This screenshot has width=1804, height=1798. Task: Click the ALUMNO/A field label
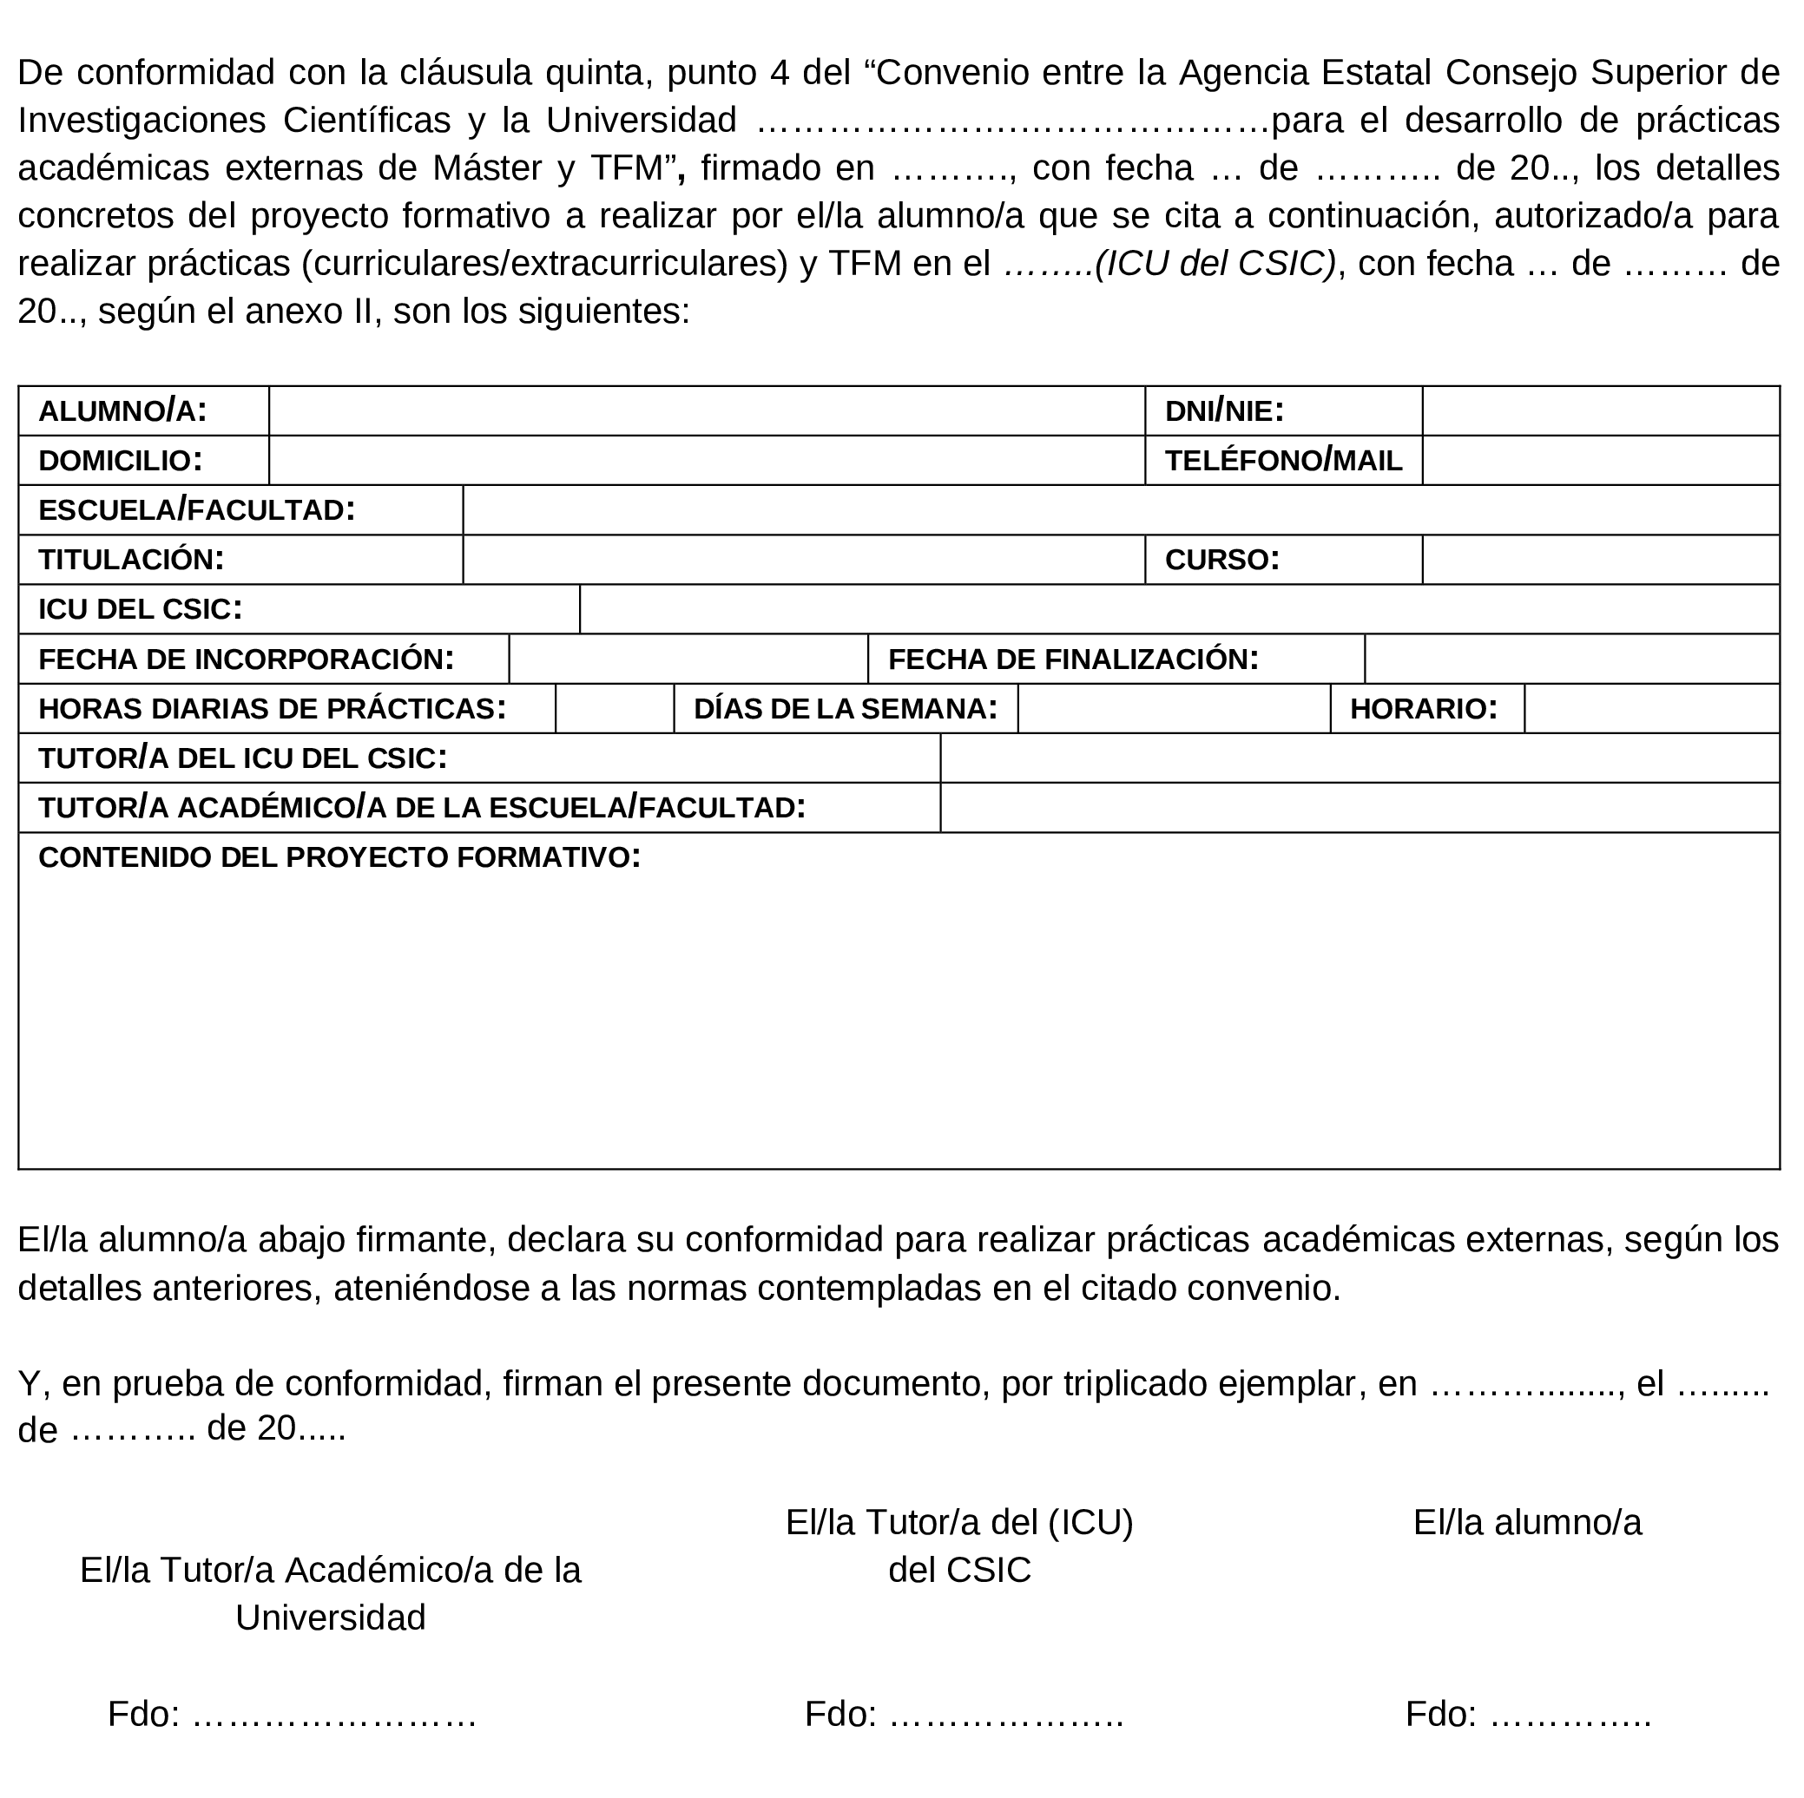(122, 410)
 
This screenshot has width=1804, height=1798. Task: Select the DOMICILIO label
(121, 460)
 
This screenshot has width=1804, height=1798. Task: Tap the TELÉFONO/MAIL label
(1283, 460)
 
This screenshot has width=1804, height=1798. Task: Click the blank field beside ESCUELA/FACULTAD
(1120, 509)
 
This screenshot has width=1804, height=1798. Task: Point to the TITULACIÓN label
(131, 559)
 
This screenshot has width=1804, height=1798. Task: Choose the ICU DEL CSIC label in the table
(140, 608)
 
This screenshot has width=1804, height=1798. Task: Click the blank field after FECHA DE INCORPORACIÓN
(688, 659)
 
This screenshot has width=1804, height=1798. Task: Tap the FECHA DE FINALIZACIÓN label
(1073, 659)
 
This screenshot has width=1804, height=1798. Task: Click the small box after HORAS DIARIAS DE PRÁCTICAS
(615, 709)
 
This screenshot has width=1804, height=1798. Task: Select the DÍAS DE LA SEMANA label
(845, 709)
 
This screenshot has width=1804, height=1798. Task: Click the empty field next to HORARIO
(1651, 709)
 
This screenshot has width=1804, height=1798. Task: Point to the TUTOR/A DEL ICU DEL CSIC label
(243, 758)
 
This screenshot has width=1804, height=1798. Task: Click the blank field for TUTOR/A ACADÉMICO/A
(1359, 808)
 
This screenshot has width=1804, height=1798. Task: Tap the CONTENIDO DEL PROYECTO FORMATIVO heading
(339, 857)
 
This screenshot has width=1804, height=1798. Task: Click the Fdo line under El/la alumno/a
(1528, 1714)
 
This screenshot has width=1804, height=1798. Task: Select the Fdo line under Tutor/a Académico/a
(293, 1714)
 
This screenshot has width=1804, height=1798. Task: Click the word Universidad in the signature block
(331, 1618)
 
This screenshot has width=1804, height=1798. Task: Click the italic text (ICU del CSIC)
(1215, 264)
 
